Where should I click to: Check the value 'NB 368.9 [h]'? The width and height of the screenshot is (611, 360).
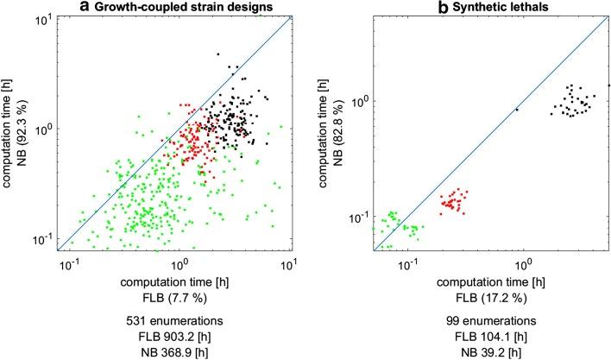tap(180, 352)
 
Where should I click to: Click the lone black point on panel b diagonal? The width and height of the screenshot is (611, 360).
tap(517, 110)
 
